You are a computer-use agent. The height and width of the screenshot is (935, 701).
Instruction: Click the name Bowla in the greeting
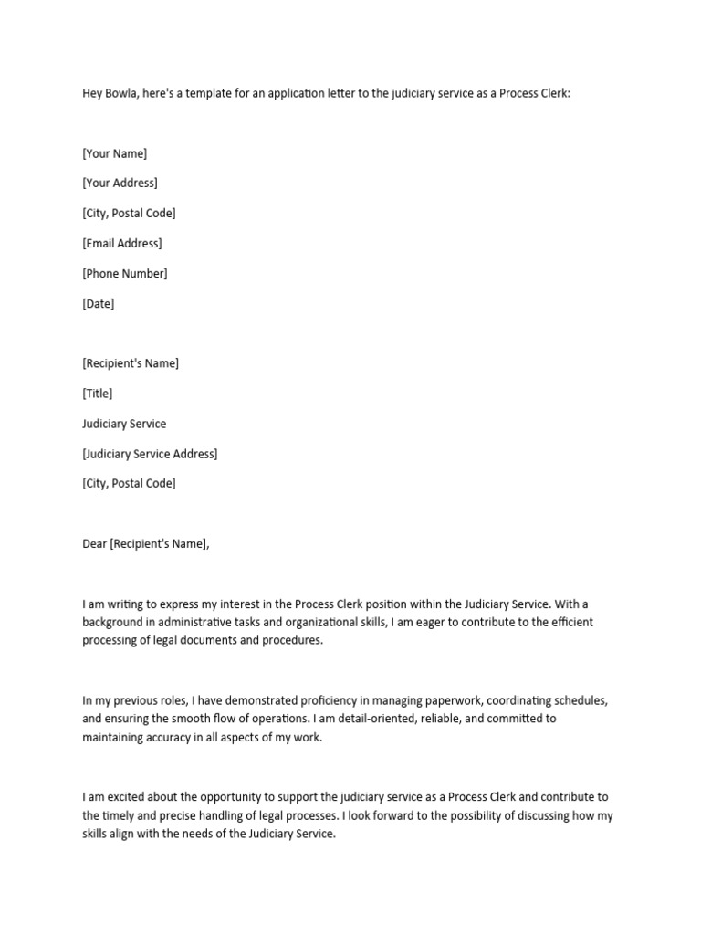coord(122,93)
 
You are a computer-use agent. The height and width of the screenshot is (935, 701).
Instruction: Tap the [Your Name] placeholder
coord(114,153)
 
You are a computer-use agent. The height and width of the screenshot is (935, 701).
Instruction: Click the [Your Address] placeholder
coord(120,183)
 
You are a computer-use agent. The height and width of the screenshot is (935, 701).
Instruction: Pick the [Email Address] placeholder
coord(121,243)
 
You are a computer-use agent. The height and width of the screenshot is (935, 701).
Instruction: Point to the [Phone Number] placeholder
coord(124,273)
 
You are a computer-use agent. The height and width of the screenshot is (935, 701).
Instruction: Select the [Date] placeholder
coord(99,303)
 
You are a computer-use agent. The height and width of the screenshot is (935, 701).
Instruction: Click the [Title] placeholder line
coord(98,394)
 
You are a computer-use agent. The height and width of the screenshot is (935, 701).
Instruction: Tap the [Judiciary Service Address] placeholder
coord(150,454)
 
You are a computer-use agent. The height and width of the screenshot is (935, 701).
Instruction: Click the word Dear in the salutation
coord(95,544)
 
